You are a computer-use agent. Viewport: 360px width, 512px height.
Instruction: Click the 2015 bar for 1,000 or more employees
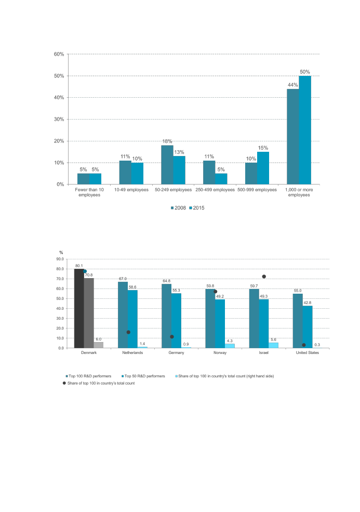pos(305,130)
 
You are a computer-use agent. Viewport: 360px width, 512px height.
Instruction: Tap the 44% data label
pos(293,85)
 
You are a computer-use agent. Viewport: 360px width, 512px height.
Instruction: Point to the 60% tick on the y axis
pos(59,54)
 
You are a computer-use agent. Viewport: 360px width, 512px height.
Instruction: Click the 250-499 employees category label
pos(215,190)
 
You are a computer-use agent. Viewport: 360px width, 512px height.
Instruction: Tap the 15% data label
pos(263,148)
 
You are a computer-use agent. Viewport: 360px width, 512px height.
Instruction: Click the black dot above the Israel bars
pos(264,277)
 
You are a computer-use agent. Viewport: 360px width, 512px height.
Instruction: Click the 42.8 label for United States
pos(308,302)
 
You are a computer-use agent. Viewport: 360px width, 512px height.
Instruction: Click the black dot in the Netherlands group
pos(128,332)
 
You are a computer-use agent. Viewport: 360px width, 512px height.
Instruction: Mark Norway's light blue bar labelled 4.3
pos(230,346)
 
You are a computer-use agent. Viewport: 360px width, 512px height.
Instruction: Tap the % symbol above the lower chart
pos(61,253)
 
